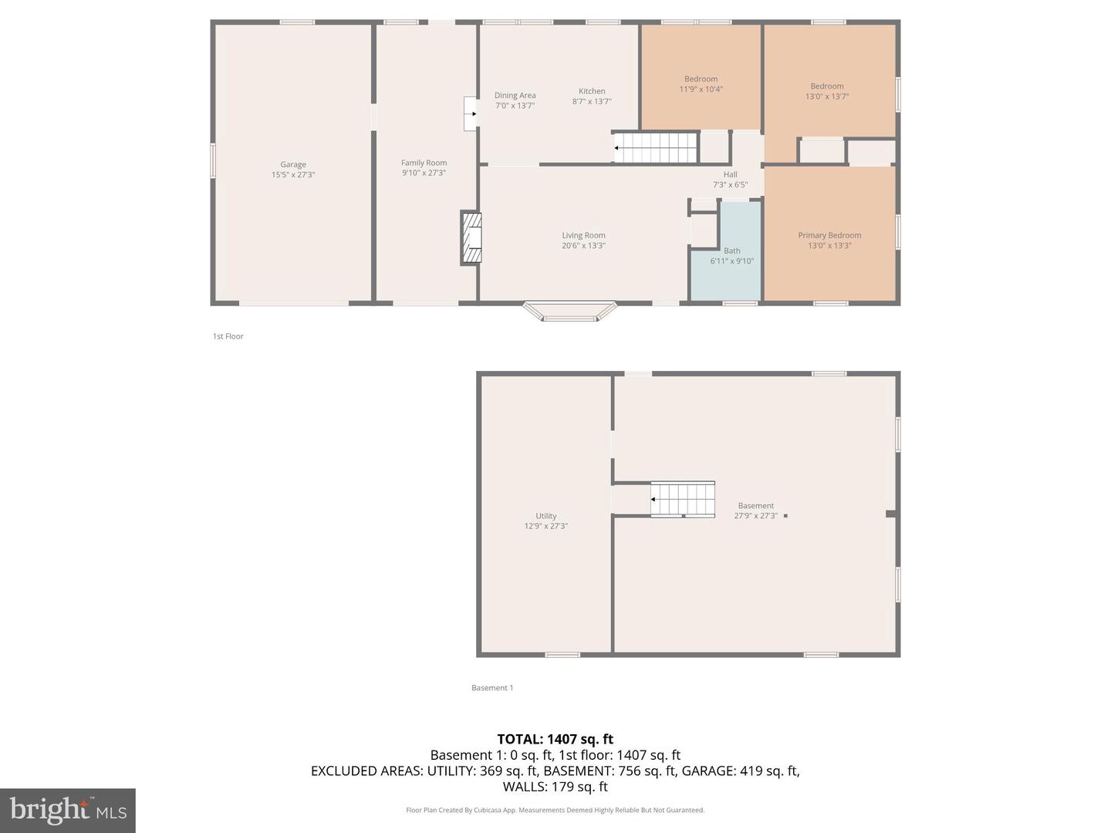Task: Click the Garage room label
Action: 293,164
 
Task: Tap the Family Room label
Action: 424,163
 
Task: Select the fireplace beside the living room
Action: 471,238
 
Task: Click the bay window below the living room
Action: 569,311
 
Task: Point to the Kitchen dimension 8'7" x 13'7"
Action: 592,102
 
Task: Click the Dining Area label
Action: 515,96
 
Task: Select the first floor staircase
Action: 655,147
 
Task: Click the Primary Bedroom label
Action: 829,235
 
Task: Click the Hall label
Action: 730,174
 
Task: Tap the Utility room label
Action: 545,516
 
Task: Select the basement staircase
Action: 683,499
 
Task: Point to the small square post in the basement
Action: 785,515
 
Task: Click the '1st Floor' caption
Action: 228,336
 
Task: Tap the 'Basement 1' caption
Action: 492,688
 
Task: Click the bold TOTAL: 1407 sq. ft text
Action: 555,739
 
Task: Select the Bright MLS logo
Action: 68,810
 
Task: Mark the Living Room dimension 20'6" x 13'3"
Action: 583,246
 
